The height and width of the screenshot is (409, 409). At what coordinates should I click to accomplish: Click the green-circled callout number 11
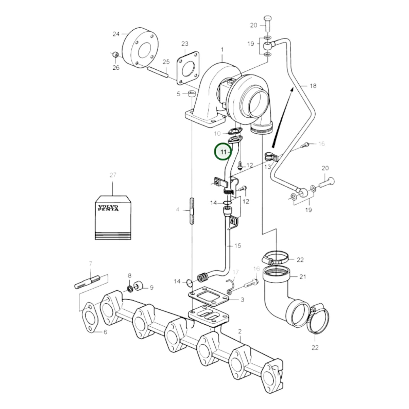click(224, 152)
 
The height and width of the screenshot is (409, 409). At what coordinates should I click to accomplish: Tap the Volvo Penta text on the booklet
click(108, 208)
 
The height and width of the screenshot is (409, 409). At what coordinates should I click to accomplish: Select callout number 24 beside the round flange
click(116, 34)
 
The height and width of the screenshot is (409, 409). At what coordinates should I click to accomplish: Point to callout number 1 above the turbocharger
click(222, 50)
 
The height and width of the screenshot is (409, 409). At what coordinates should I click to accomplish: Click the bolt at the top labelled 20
click(267, 24)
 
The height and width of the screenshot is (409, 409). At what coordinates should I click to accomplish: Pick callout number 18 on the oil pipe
click(313, 86)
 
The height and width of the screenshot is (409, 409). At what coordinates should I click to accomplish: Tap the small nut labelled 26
click(116, 55)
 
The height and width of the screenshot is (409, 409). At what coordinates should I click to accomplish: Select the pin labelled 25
click(158, 72)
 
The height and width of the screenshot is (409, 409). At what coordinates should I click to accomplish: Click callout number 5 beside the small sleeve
click(179, 94)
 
